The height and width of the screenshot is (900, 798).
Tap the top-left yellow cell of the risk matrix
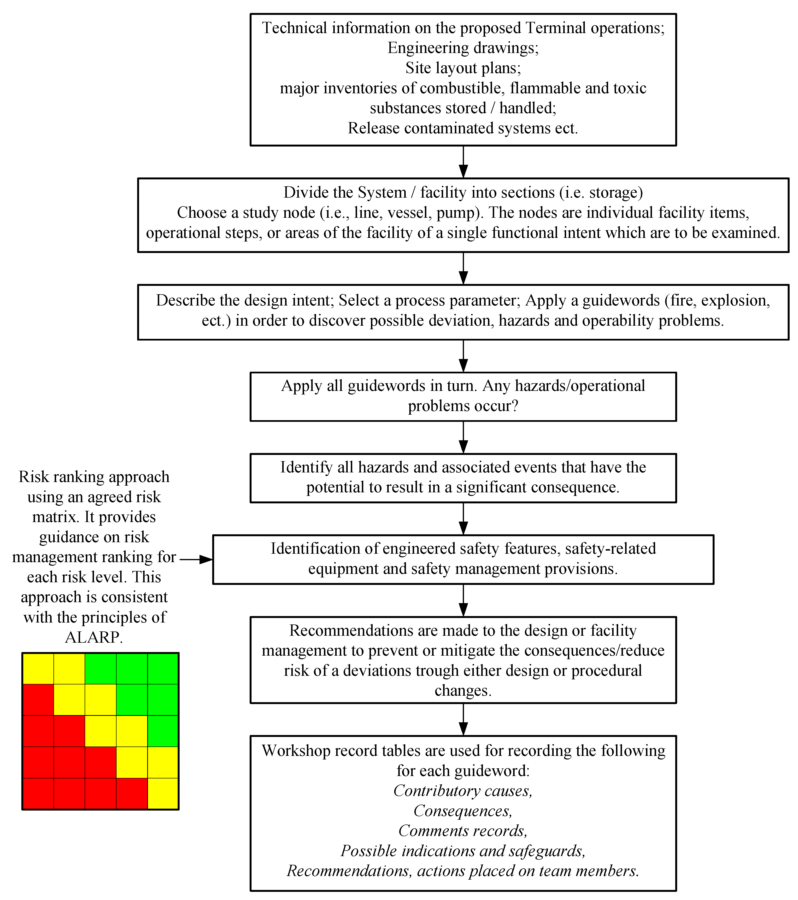[38, 668]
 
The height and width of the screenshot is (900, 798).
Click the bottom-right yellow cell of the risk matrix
[163, 794]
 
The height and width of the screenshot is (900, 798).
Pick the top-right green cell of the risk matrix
[163, 668]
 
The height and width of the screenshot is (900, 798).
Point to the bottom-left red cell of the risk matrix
[38, 794]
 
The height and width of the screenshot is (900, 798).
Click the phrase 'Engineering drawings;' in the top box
[463, 47]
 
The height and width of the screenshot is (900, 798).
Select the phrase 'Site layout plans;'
[463, 68]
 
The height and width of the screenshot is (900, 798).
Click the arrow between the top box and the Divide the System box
[463, 162]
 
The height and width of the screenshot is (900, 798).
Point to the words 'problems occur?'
[463, 406]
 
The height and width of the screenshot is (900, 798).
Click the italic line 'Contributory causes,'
[463, 791]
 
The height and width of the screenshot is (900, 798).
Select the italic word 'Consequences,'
[463, 811]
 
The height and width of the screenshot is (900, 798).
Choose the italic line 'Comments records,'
[463, 831]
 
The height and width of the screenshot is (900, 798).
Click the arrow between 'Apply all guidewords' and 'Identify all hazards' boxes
[463, 437]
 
